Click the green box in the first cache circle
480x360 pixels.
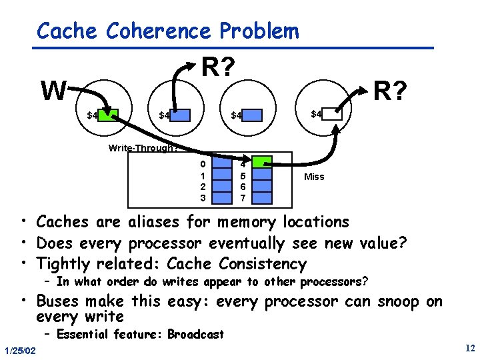point(110,115)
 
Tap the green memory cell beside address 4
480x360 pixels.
point(263,163)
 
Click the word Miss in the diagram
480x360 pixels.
point(314,177)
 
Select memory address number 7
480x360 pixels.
point(243,198)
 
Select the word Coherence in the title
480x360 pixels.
point(159,31)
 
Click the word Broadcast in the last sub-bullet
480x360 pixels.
point(196,334)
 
